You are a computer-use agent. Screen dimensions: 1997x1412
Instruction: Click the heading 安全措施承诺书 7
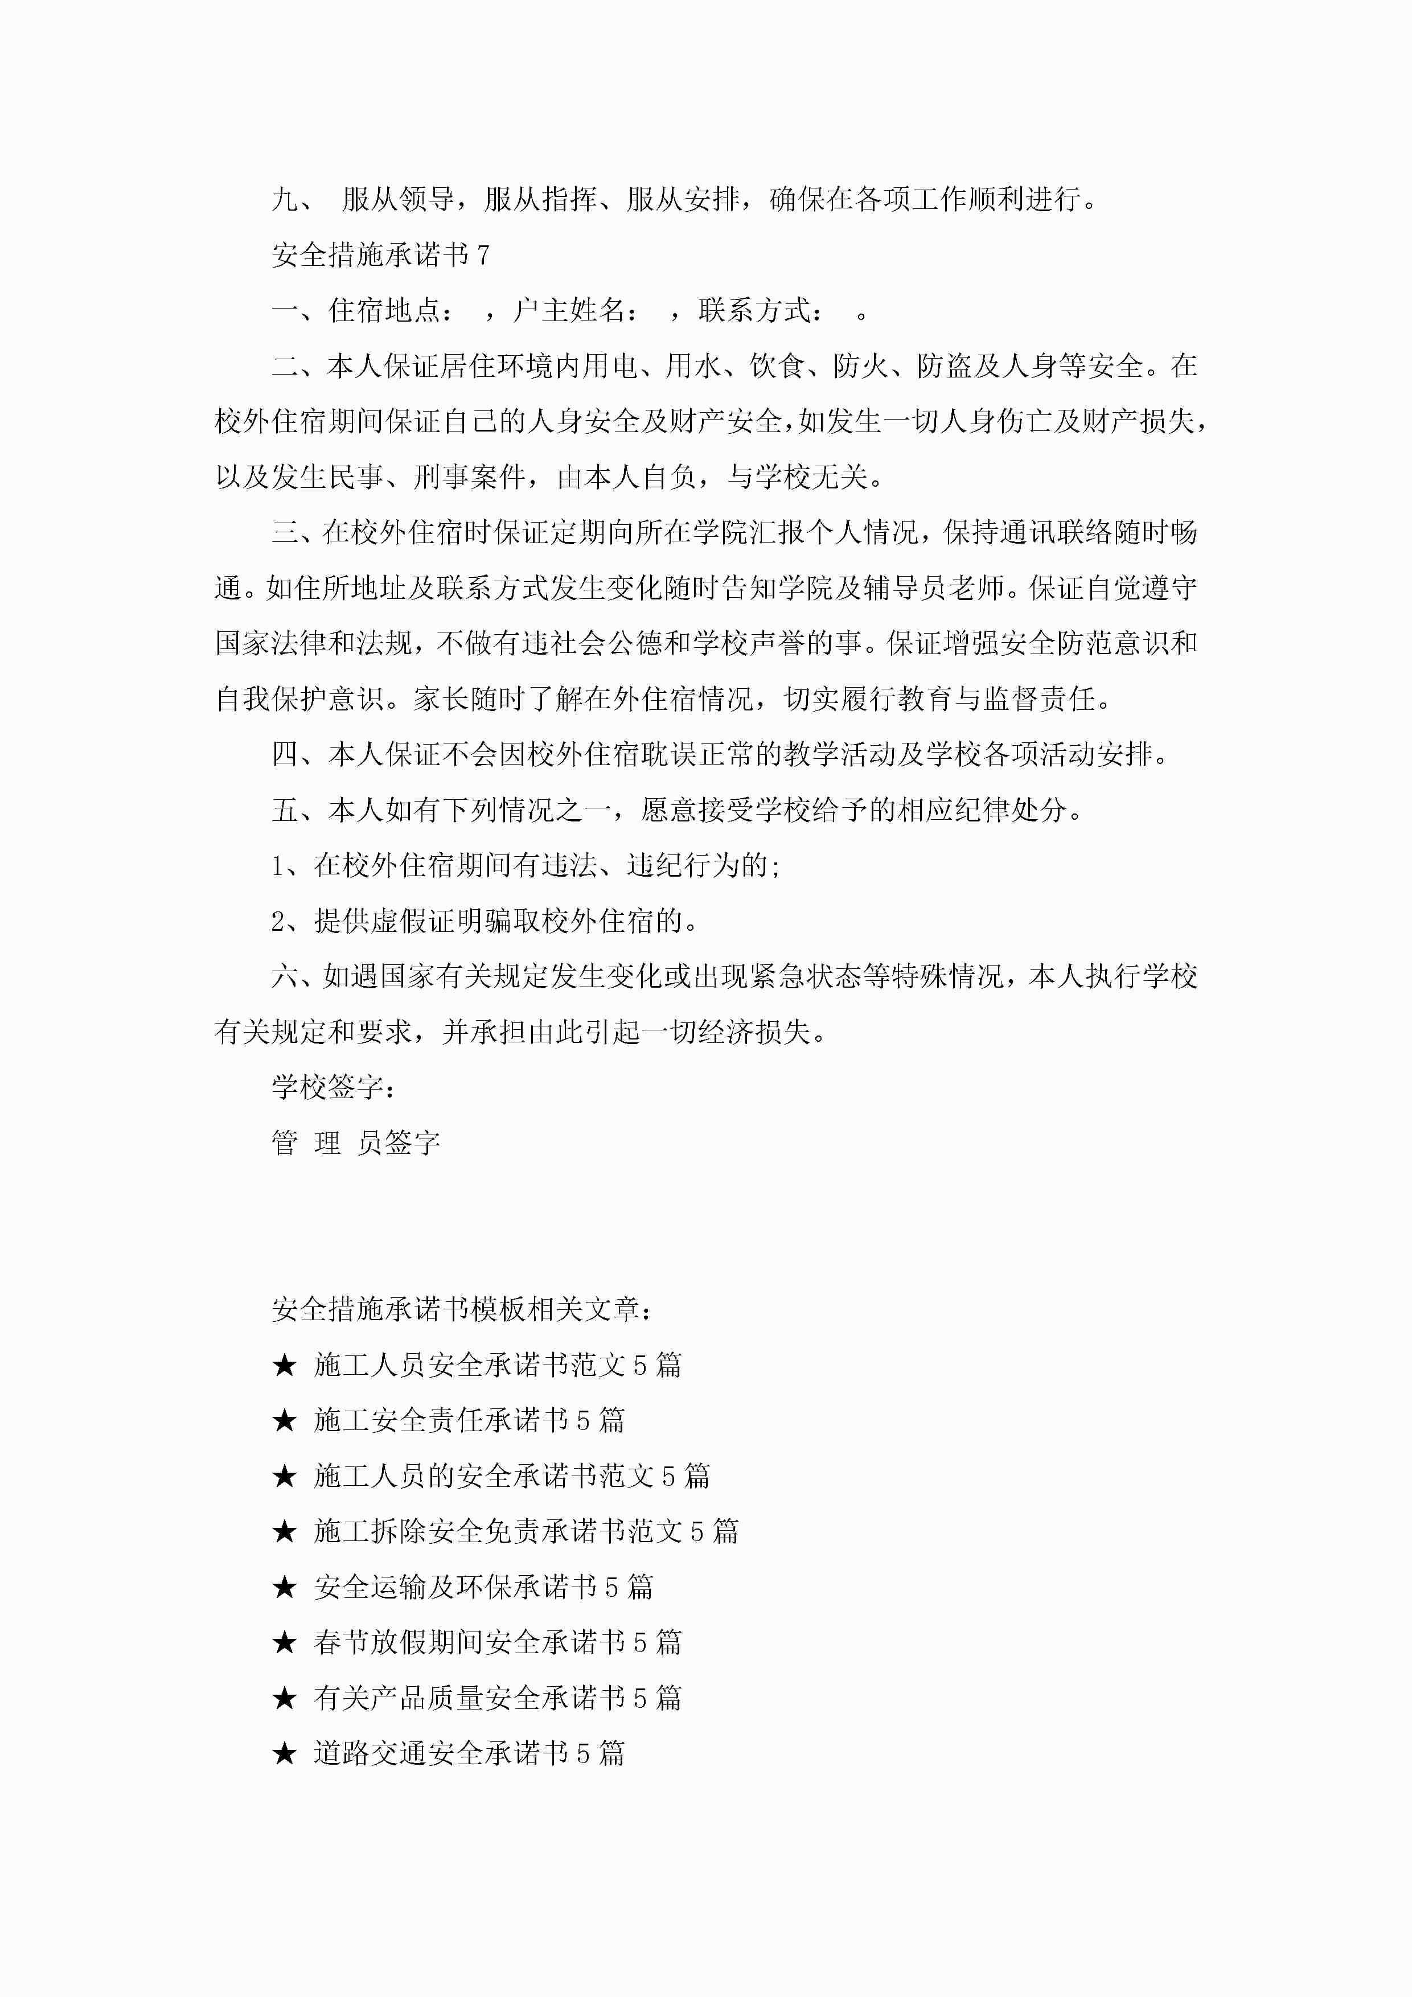(380, 255)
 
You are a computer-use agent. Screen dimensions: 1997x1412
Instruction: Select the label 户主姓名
(568, 310)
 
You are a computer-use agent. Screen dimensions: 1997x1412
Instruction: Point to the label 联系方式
(754, 310)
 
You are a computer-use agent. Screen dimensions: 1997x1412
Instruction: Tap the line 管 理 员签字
(355, 1143)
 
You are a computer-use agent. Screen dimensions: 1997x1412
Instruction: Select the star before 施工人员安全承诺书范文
(285, 1366)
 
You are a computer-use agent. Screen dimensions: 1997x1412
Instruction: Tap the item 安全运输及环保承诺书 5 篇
(483, 1587)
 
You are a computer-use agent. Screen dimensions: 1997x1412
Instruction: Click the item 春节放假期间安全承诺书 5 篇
(497, 1642)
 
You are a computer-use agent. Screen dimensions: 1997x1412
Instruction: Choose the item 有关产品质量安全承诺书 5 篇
(497, 1698)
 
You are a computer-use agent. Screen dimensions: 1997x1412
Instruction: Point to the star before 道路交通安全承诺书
(285, 1753)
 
